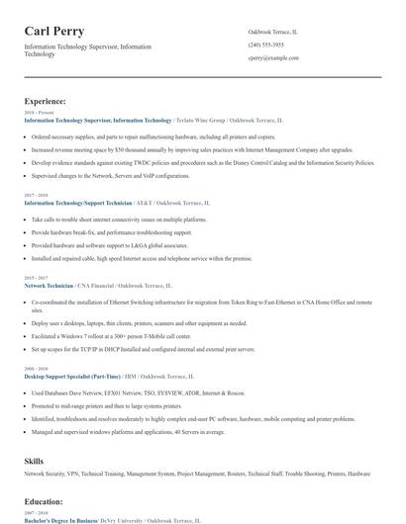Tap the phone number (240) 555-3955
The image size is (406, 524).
point(266,44)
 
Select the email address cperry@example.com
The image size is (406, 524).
point(273,58)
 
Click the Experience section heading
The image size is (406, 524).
point(46,101)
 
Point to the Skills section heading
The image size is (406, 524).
point(35,461)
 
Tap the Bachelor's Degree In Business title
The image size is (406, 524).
point(58,519)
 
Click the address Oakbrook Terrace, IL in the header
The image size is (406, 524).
point(272,32)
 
